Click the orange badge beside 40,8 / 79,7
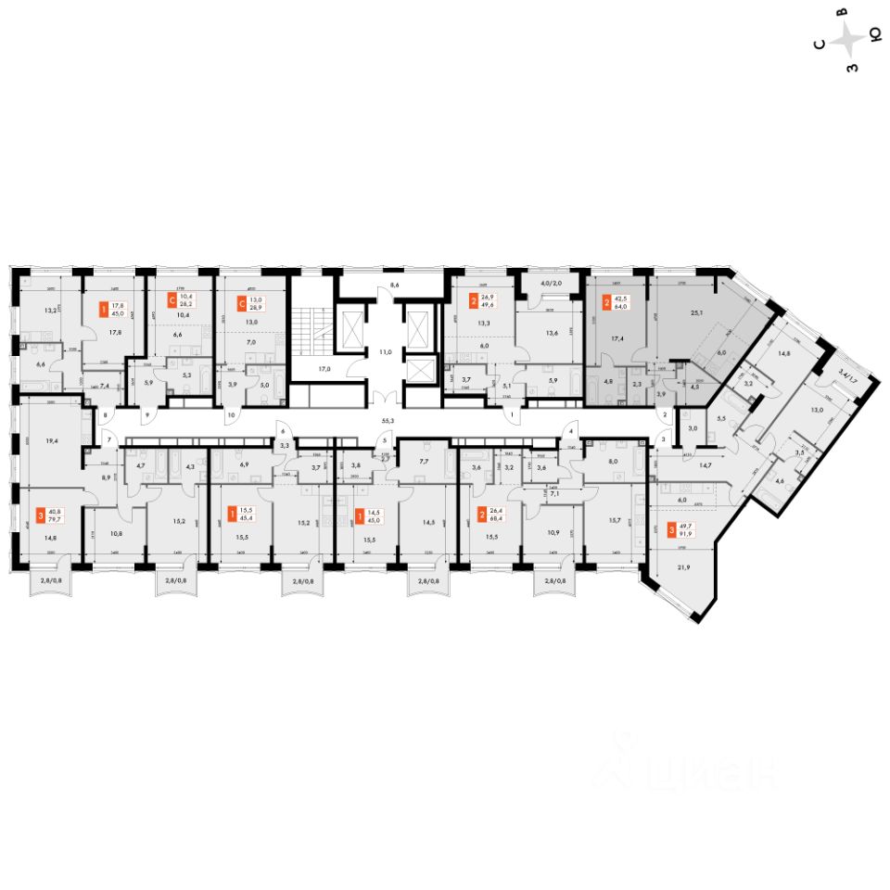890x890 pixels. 40,514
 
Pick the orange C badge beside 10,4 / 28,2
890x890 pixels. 172,299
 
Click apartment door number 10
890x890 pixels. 230,415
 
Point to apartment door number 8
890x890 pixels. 105,416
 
